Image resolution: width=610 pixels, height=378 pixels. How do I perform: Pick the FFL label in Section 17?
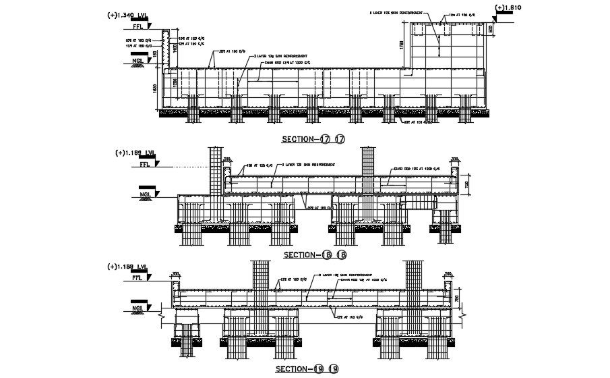pyautogui.click(x=139, y=28)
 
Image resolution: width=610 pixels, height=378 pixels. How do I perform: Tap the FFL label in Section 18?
pyautogui.click(x=145, y=163)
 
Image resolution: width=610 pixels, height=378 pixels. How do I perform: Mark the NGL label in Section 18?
pyautogui.click(x=145, y=194)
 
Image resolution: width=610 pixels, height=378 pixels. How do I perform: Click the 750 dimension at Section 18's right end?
pyautogui.click(x=466, y=184)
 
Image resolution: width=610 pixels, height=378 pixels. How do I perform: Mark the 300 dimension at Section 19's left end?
pyautogui.click(x=176, y=275)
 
